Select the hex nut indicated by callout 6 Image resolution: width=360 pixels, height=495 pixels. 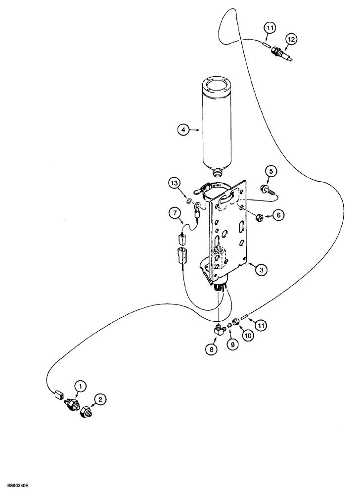[x=258, y=216]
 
